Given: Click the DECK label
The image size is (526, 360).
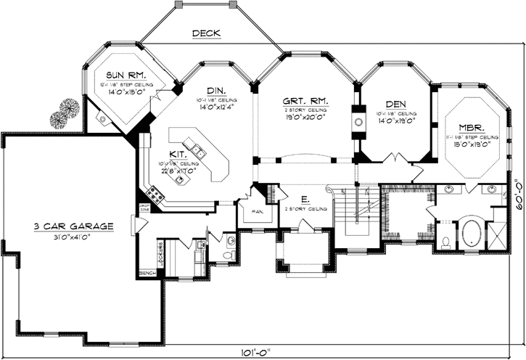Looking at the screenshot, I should coord(206,33).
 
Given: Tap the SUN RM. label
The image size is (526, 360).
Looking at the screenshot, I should coord(127,75).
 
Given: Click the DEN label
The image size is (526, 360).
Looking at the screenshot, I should coord(395,103).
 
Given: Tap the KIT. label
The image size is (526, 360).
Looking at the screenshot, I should coord(176,155).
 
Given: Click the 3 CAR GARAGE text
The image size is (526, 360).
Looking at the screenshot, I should coord(73,227).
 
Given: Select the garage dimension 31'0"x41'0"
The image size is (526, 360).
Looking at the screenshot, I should coord(73,237).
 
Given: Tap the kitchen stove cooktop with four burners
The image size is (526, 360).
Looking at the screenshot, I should coord(155,193).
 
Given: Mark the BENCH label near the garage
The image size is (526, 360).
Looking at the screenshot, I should coord(147,273).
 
